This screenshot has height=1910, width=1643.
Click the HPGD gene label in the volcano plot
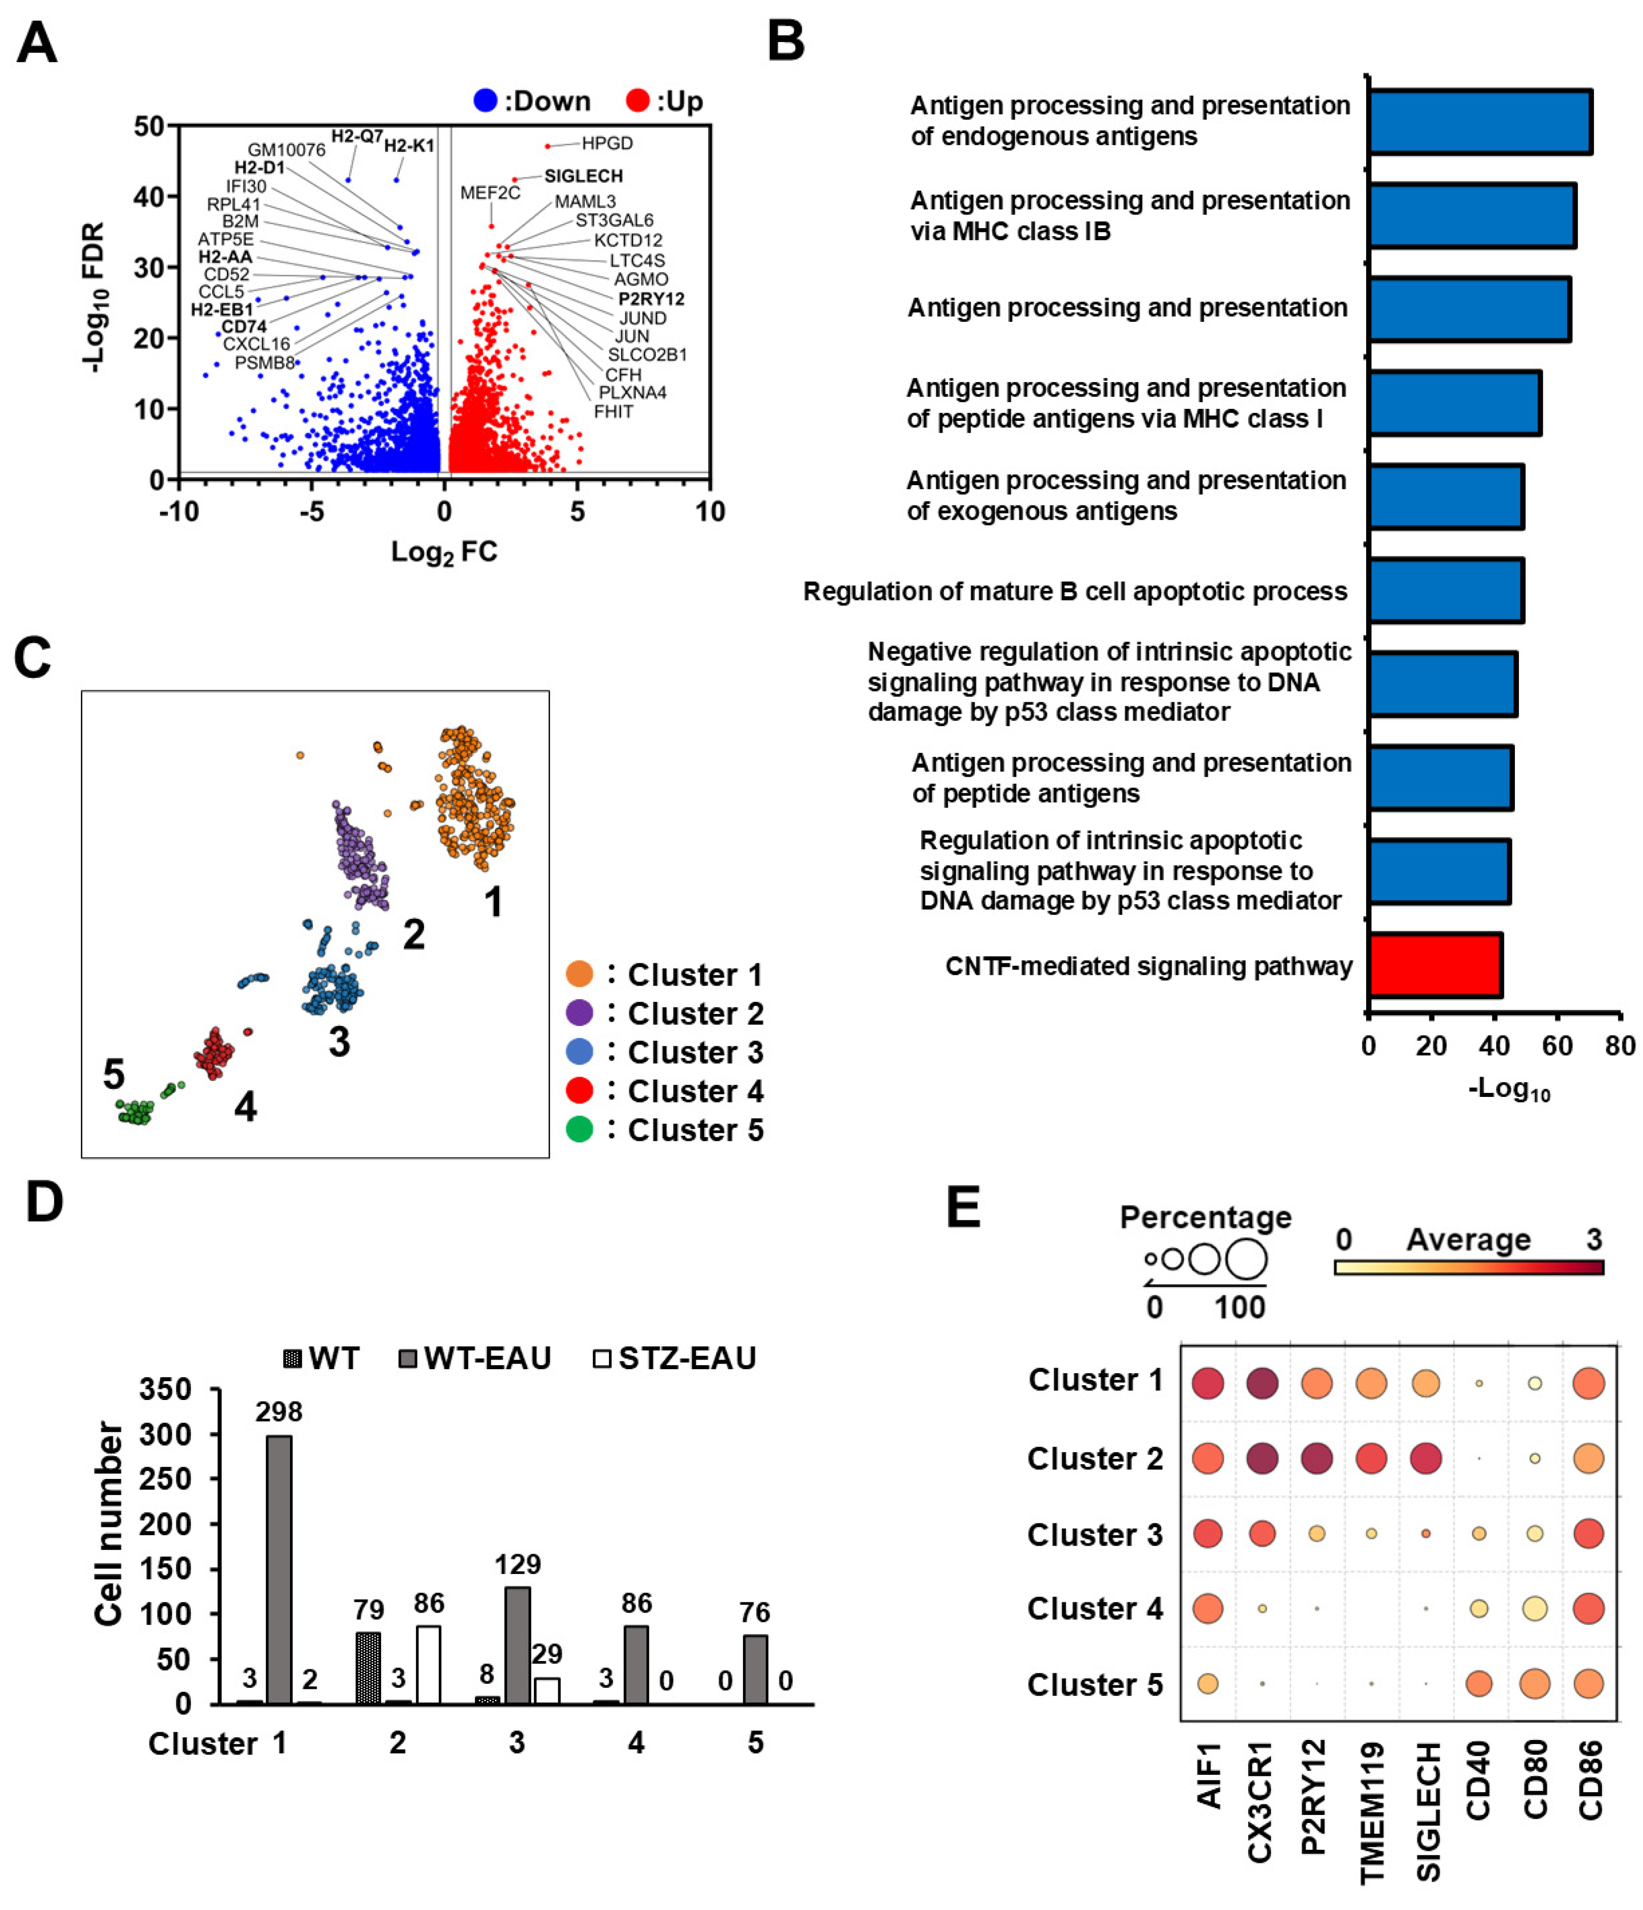coord(607,143)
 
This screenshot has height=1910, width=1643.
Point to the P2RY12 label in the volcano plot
coord(651,299)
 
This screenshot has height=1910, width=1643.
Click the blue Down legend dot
coord(485,101)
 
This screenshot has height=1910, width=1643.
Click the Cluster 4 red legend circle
coord(579,1090)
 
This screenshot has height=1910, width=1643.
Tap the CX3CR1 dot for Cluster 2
coord(1261,1458)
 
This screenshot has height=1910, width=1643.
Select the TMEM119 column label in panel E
coord(1372,1811)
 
